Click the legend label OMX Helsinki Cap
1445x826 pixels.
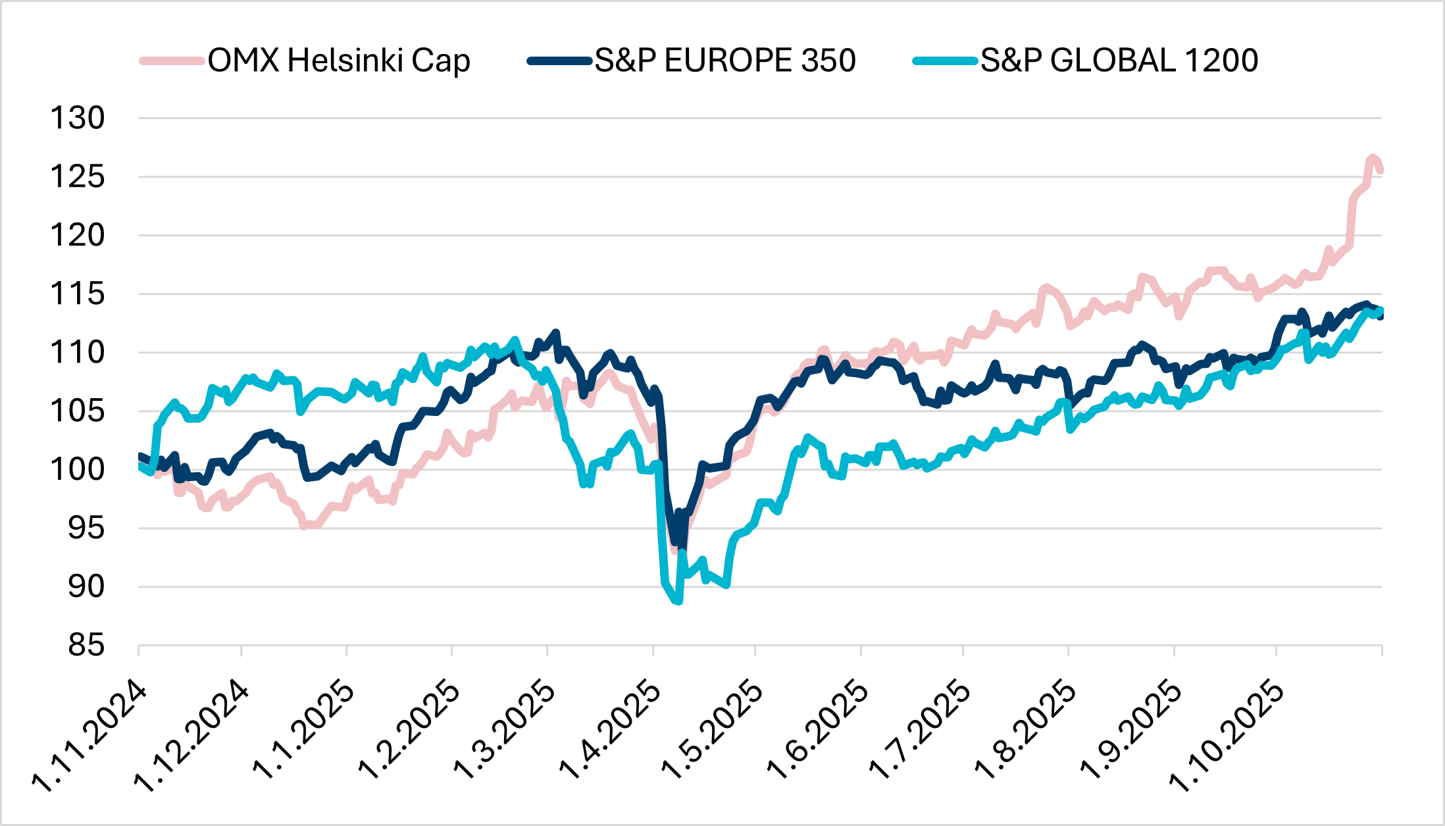339,61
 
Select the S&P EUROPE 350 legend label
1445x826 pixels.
725,61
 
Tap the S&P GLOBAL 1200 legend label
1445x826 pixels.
1119,61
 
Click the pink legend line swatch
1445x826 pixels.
172,61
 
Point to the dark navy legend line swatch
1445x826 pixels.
559,61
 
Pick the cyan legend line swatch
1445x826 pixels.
945,61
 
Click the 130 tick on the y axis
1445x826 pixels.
78,118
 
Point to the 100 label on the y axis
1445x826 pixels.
78,470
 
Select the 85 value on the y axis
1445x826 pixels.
86,646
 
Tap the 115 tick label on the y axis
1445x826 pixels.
78,294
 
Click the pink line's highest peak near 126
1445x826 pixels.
1373,157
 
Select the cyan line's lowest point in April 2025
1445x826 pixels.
678,601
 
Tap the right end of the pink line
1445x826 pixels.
1381,170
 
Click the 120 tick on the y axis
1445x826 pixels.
78,236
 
